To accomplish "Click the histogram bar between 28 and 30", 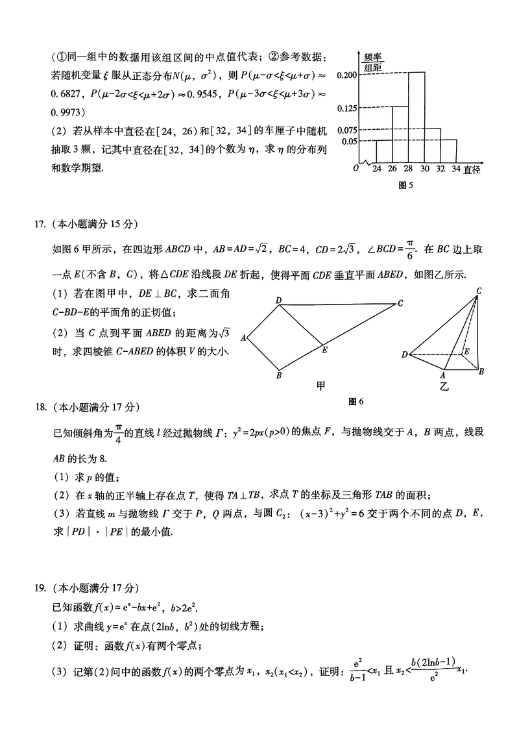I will pyautogui.click(x=416, y=117).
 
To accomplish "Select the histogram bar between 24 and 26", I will pyautogui.click(x=385, y=151).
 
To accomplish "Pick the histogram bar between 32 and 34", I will pyautogui.click(x=448, y=151).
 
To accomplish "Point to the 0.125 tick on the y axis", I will pyautogui.click(x=348, y=108).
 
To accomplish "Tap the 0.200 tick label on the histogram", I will pyautogui.click(x=348, y=75).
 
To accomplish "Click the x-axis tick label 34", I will pyautogui.click(x=456, y=169).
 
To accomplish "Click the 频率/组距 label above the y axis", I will pyautogui.click(x=372, y=62).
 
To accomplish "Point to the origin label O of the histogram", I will pyautogui.click(x=356, y=169).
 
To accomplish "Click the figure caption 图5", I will pyautogui.click(x=405, y=185).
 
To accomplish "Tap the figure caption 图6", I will pyautogui.click(x=356, y=401).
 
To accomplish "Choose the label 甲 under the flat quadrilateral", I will pyautogui.click(x=320, y=385).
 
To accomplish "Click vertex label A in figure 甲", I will pyautogui.click(x=243, y=337).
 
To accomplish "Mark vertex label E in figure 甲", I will pyautogui.click(x=324, y=351).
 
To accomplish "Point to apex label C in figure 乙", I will pyautogui.click(x=478, y=290).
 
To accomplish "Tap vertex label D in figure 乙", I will pyautogui.click(x=404, y=354).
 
